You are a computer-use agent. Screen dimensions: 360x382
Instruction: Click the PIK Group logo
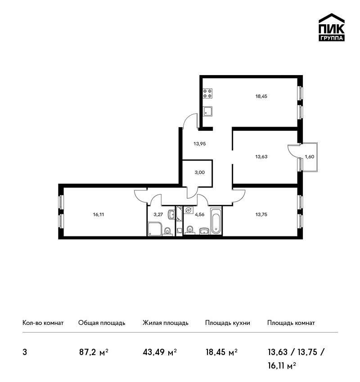click(332, 27)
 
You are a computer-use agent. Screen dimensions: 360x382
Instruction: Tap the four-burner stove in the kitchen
click(207, 93)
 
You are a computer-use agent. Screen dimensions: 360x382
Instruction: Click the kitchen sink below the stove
click(207, 111)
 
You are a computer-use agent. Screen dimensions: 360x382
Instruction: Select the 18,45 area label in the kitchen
click(261, 96)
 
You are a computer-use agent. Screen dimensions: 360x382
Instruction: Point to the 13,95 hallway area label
click(199, 144)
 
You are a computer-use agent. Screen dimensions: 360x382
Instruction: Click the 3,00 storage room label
click(199, 173)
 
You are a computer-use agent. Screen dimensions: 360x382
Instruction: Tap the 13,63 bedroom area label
click(261, 157)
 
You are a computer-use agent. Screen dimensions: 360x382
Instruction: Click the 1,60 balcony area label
click(310, 157)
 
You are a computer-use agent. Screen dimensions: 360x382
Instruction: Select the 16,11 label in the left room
click(98, 215)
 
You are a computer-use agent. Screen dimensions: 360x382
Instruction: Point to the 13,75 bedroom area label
click(261, 215)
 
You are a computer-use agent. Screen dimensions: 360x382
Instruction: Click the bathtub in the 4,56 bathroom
click(216, 221)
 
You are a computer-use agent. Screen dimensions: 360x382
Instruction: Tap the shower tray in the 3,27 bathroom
click(155, 229)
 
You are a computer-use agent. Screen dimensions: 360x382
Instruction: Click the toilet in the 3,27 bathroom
click(167, 231)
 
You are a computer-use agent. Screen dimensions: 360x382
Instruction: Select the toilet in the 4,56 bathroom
click(190, 230)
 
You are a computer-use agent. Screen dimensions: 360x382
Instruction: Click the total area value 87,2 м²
click(94, 352)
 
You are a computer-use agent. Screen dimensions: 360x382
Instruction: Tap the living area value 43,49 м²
click(160, 352)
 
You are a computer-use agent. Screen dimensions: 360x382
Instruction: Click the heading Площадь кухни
click(228, 323)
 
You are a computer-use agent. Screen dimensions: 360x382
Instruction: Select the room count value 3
click(25, 352)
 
